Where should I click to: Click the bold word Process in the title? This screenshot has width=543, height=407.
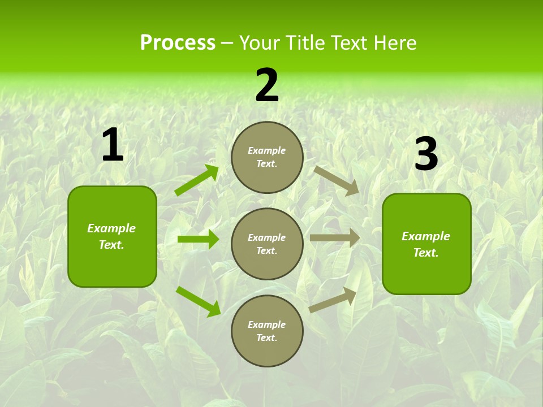point(178,43)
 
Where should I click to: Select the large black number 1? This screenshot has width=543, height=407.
point(113,145)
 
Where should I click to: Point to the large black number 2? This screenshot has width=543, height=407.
point(267,85)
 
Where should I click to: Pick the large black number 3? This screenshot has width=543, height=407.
point(426,154)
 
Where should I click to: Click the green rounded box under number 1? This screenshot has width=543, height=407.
point(112,236)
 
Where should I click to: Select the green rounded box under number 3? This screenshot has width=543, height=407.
point(426,244)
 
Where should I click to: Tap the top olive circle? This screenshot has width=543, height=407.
point(267,157)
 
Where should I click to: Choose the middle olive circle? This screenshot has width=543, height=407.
point(267,244)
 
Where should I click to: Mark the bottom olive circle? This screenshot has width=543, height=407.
point(267,331)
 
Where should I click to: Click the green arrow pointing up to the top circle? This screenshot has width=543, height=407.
point(197,180)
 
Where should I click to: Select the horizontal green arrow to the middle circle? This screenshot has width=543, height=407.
point(198,239)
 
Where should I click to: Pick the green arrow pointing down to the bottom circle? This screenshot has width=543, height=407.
point(198,301)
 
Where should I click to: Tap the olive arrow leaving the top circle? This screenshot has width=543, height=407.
point(336,180)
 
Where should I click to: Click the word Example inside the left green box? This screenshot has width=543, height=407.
point(111,228)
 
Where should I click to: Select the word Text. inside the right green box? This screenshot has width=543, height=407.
point(426,253)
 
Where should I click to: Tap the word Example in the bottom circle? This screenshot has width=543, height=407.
point(267,324)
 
